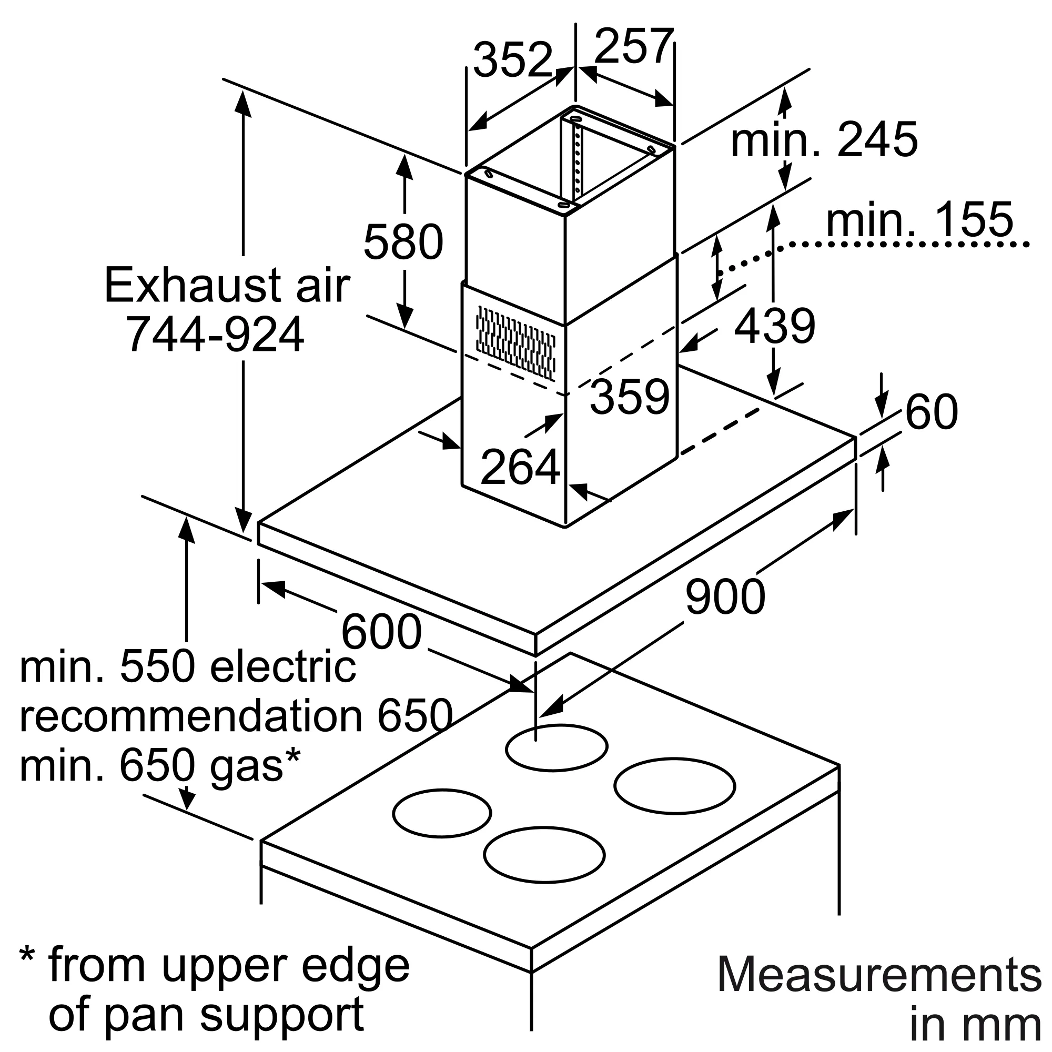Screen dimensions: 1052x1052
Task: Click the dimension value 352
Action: (x=513, y=59)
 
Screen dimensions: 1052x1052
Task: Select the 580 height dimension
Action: (x=403, y=241)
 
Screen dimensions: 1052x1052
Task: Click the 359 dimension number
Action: (x=630, y=397)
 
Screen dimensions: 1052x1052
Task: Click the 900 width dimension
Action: (x=725, y=596)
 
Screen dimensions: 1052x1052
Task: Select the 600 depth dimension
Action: (x=381, y=632)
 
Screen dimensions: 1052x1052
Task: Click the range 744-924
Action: (x=216, y=335)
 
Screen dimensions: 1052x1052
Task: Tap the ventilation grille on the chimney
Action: (x=515, y=342)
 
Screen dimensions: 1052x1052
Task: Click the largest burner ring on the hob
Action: (x=674, y=786)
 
